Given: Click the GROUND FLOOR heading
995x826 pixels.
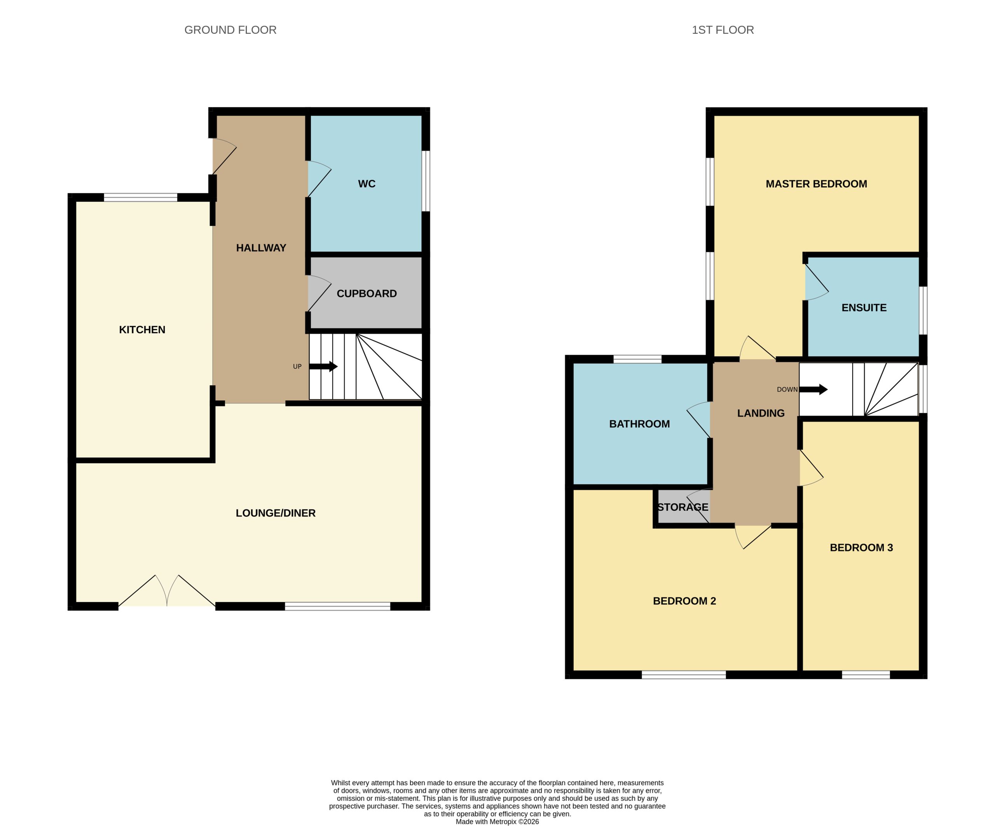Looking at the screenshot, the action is [x=230, y=30].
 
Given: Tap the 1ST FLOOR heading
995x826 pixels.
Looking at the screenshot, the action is [x=723, y=30].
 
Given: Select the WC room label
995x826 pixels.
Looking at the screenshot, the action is [x=367, y=184].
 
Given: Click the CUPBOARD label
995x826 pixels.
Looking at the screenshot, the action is [x=367, y=293].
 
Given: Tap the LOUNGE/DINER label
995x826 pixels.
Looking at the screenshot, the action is [x=276, y=513].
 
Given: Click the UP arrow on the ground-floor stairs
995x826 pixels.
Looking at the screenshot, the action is [x=323, y=366].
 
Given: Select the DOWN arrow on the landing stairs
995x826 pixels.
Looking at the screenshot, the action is [x=813, y=389].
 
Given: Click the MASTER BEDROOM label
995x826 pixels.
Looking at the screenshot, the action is [x=816, y=184].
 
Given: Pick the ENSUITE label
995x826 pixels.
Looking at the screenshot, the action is [x=864, y=307].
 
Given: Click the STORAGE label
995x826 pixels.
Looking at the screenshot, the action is [x=683, y=507].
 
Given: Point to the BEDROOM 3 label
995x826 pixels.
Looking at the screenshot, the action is [x=861, y=547].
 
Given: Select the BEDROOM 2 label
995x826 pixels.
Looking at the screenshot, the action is [x=684, y=601].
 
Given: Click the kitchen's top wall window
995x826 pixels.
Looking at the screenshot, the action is [x=141, y=197].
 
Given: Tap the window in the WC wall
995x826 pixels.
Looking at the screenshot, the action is [x=426, y=181].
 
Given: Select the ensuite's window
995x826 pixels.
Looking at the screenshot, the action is [x=923, y=311].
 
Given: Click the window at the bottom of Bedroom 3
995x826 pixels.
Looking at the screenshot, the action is [x=866, y=675].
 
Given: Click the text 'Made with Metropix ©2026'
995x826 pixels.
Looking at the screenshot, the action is [x=497, y=821].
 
